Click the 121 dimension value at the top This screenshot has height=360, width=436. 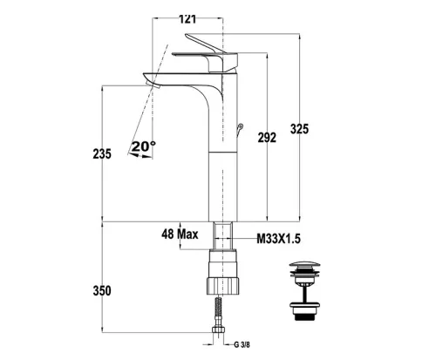click(x=187, y=19)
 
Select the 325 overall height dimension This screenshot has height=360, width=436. click(x=299, y=129)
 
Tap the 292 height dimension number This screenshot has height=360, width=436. click(x=267, y=138)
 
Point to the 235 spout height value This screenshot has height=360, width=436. click(x=102, y=153)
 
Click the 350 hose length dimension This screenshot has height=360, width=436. click(x=102, y=290)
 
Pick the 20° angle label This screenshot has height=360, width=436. click(x=143, y=146)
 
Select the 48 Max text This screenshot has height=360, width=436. click(x=180, y=234)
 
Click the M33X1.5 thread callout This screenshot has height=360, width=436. click(x=278, y=239)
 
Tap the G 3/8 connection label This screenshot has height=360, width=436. click(x=242, y=345)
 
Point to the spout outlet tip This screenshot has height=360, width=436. click(x=153, y=85)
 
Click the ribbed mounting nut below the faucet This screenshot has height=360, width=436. click(x=223, y=286)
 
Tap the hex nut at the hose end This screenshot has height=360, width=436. click(x=219, y=329)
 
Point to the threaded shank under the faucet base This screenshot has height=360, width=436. click(x=223, y=235)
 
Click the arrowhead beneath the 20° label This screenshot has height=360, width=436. click(x=133, y=154)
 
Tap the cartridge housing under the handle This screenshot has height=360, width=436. click(x=223, y=63)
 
